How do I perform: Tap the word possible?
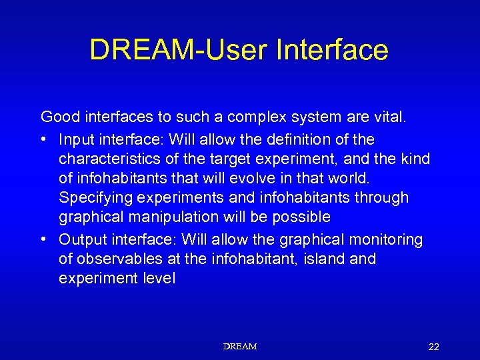[303, 217]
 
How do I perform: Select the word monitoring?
[387, 239]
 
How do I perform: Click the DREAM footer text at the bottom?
[240, 346]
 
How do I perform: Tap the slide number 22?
[433, 347]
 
